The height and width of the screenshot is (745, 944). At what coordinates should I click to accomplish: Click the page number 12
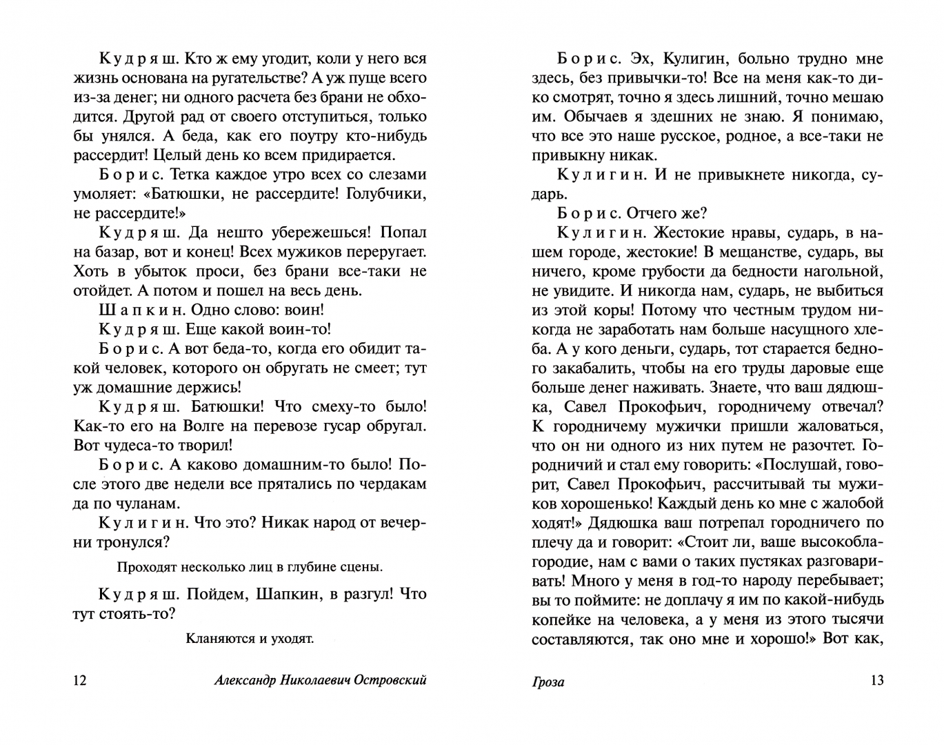click(80, 681)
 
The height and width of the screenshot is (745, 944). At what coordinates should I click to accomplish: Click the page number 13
click(877, 681)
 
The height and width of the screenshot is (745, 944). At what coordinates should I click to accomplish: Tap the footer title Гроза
click(548, 682)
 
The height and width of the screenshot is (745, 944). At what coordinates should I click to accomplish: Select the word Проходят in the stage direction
click(148, 567)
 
